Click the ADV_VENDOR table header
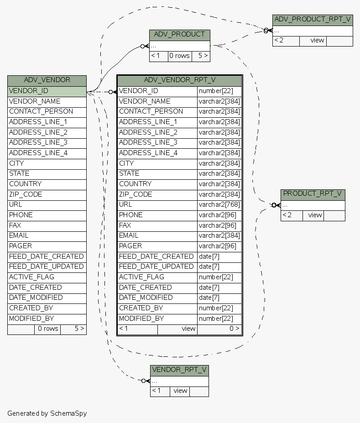(x=47, y=80)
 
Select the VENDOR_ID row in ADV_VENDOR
(x=47, y=91)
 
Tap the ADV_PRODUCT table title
(x=179, y=35)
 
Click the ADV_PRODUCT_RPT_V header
(x=313, y=20)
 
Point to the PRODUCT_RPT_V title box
(x=313, y=194)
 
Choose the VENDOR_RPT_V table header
(x=179, y=370)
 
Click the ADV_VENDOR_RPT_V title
(x=179, y=80)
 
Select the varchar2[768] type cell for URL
(x=219, y=204)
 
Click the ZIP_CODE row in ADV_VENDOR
(x=47, y=194)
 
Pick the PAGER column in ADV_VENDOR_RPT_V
(x=157, y=246)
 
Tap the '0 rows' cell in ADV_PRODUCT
(x=179, y=56)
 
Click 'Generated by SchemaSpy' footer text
(x=47, y=413)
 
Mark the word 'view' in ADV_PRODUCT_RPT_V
(x=317, y=41)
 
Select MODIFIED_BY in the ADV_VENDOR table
(x=47, y=319)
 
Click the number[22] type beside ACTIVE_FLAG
(x=219, y=277)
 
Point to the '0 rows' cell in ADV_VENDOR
(x=47, y=329)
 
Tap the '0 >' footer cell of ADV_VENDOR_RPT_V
(x=219, y=329)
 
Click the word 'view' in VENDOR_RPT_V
(x=180, y=391)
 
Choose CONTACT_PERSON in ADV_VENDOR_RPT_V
(x=157, y=111)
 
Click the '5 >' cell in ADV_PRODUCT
(x=201, y=56)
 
